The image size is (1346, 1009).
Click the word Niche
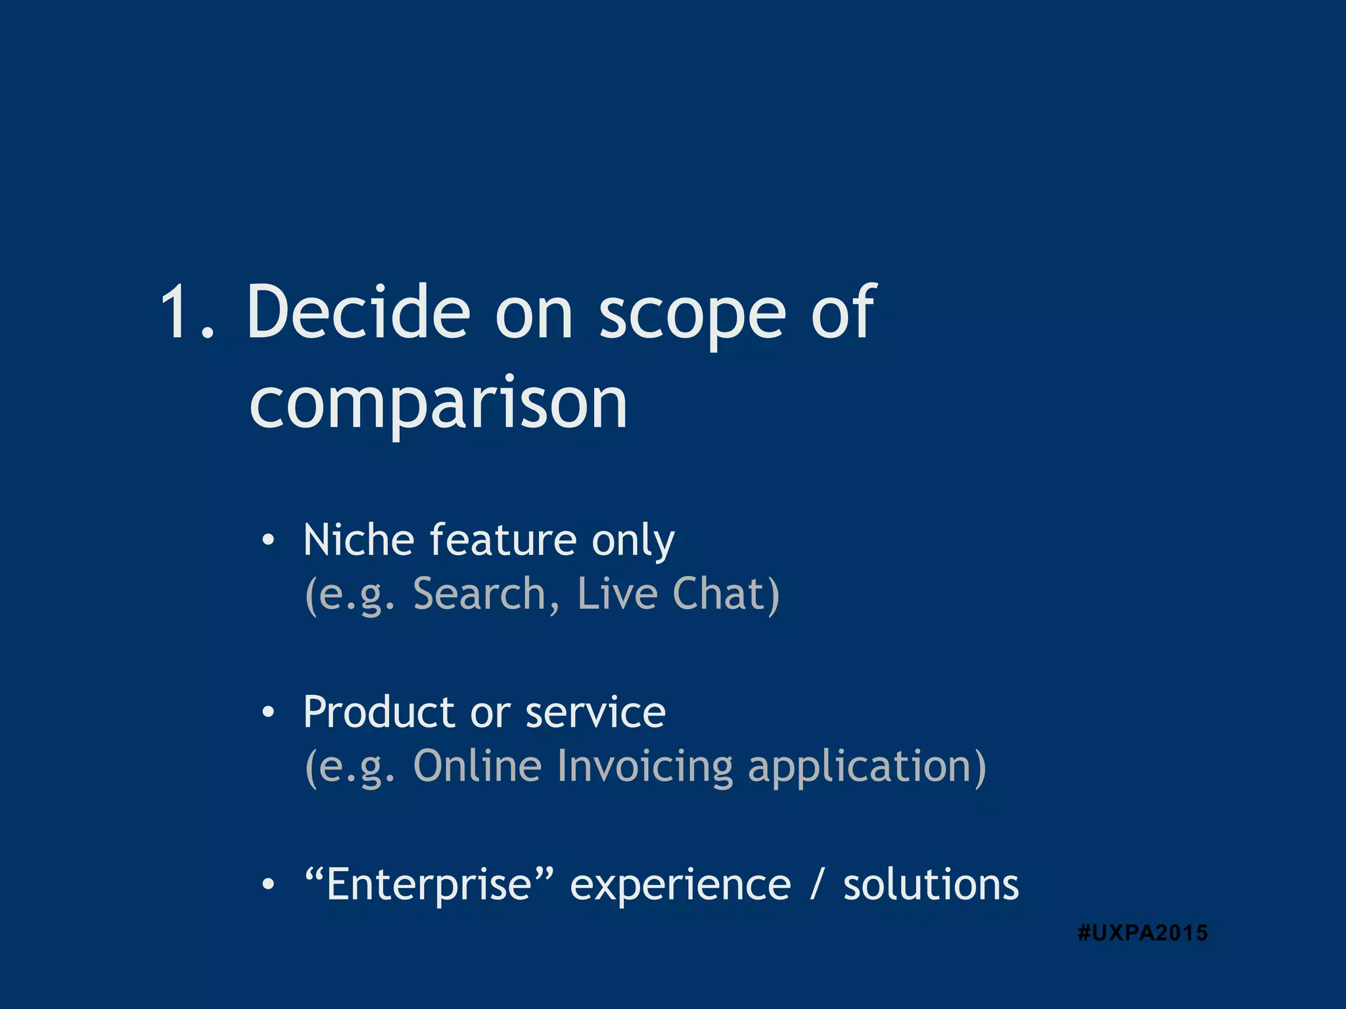tap(358, 540)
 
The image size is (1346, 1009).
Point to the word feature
tap(503, 540)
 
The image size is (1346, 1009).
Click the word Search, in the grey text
tap(486, 594)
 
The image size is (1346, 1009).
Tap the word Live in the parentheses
tap(617, 594)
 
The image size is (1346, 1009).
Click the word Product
tap(379, 712)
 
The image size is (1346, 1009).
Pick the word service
tap(595, 712)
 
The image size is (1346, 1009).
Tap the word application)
tap(867, 767)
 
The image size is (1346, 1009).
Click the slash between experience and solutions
tap(816, 884)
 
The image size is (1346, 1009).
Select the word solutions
tap(931, 884)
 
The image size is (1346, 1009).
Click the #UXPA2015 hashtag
tap(1142, 933)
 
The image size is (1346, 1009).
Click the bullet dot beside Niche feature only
tap(267, 541)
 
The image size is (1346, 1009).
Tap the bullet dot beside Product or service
tap(267, 713)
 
